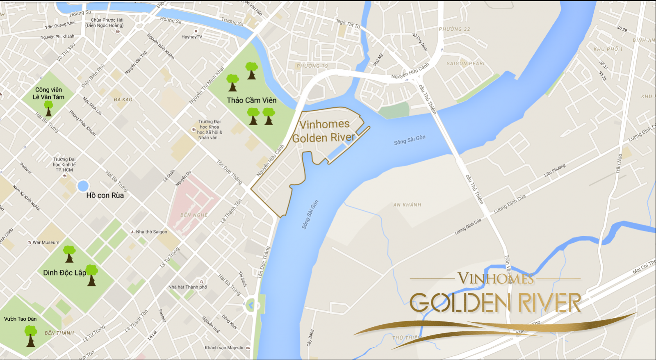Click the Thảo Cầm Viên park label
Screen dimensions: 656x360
coord(251,100)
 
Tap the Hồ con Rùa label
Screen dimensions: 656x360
coord(105,196)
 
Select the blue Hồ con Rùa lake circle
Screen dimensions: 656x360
coord(83,186)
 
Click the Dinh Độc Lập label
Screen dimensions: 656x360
coord(64,273)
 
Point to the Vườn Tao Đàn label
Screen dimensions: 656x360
coord(20,319)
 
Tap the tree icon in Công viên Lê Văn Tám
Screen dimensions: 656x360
coord(49,108)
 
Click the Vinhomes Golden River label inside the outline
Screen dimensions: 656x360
coord(323,131)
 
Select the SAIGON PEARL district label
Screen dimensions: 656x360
coord(466,64)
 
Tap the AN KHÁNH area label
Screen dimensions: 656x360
coord(407,205)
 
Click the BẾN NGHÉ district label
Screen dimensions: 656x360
coord(194,215)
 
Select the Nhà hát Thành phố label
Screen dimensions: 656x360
coord(187,287)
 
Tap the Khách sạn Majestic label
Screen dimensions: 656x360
coord(225,348)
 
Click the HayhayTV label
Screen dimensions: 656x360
coord(191,37)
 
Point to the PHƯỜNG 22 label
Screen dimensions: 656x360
coord(454,29)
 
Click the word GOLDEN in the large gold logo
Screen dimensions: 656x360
coord(460,303)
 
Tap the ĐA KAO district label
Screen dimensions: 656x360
coord(123,100)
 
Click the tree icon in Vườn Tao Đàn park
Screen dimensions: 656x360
coord(31,335)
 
